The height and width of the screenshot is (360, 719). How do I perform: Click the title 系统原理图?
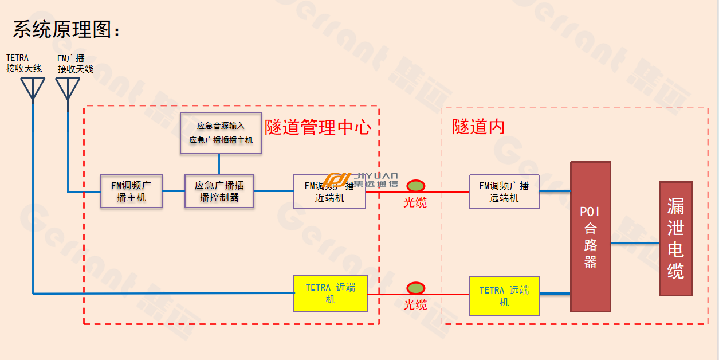(x=66, y=30)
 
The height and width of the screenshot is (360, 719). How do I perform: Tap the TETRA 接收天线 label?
(x=24, y=63)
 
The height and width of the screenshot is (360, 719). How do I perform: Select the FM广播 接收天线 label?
(x=75, y=63)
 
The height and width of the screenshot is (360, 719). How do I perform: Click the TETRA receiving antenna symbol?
(x=33, y=89)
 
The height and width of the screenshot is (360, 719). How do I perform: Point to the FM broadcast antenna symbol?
(x=68, y=89)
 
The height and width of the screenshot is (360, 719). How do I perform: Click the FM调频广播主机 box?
(x=131, y=191)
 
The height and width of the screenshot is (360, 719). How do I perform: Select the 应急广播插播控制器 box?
(x=219, y=191)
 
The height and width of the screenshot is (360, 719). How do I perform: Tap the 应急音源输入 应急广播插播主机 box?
(x=221, y=133)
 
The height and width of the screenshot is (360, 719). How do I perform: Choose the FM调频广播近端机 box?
(x=329, y=191)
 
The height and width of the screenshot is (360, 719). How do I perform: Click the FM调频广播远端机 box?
(x=504, y=191)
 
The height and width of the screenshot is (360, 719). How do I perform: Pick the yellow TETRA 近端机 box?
(x=331, y=294)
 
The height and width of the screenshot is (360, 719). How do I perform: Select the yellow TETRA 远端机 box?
(x=504, y=296)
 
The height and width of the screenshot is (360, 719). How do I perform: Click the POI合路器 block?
(x=591, y=237)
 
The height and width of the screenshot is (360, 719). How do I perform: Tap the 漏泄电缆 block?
(x=676, y=238)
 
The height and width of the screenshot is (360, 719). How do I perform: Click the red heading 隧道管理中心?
(x=318, y=127)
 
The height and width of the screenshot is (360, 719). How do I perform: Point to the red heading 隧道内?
(x=479, y=127)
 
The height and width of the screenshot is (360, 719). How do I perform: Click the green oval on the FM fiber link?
(x=416, y=186)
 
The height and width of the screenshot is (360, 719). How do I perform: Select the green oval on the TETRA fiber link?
(x=416, y=288)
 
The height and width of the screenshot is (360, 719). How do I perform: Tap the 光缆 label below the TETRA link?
(x=415, y=305)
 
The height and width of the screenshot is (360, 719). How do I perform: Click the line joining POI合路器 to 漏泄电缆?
(x=635, y=243)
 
